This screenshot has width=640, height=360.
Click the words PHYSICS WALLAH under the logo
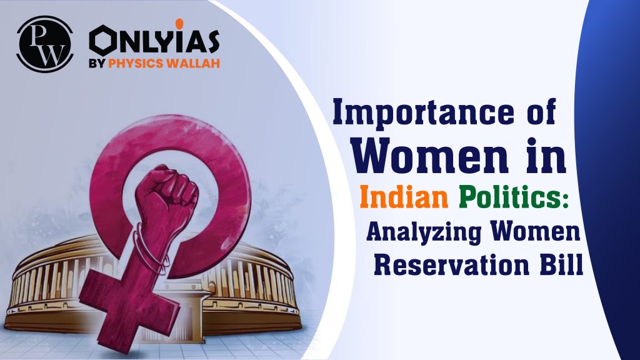point(165,63)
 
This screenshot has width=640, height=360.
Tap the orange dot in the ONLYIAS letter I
point(179,25)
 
